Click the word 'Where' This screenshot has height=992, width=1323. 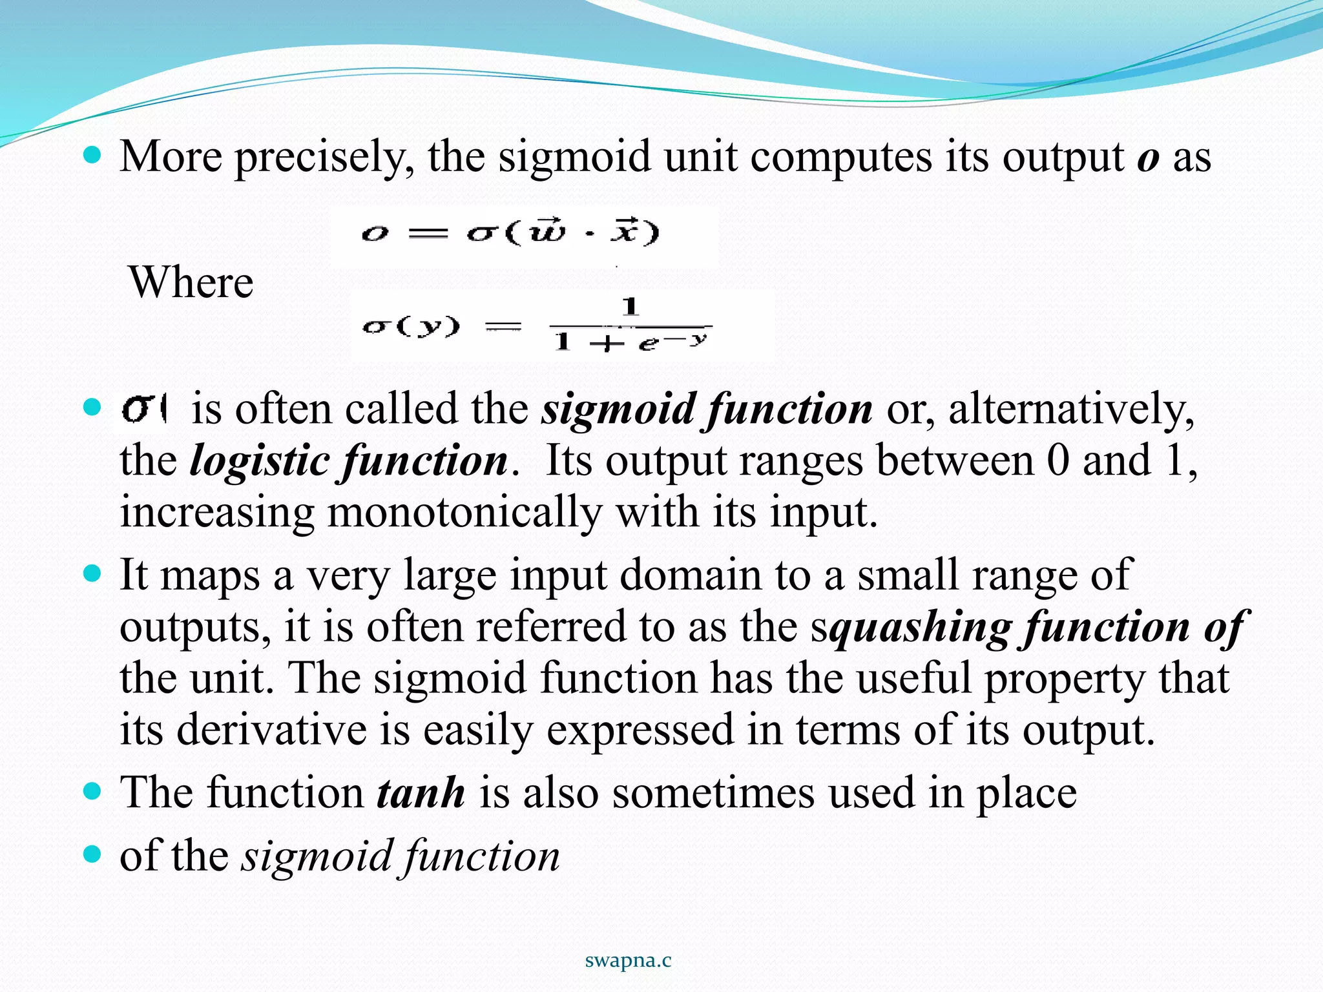191,282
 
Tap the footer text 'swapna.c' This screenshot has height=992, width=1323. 628,960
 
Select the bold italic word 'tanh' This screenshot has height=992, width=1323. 421,792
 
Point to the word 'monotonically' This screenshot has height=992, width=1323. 464,512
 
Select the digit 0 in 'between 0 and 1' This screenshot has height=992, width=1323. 1058,460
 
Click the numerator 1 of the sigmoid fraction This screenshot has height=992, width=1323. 630,305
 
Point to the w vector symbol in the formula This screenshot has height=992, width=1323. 547,231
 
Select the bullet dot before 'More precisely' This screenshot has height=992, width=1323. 93,155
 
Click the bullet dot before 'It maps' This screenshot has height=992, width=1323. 93,573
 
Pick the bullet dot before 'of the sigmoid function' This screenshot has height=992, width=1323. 93,854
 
